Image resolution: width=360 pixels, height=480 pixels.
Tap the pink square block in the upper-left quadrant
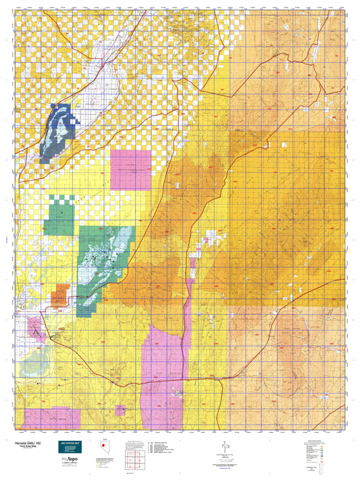[131, 169]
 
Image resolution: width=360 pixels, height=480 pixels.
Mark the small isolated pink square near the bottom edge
[120, 410]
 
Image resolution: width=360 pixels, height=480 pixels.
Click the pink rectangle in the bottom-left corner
[51, 418]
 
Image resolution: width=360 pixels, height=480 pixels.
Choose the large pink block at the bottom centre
[164, 375]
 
